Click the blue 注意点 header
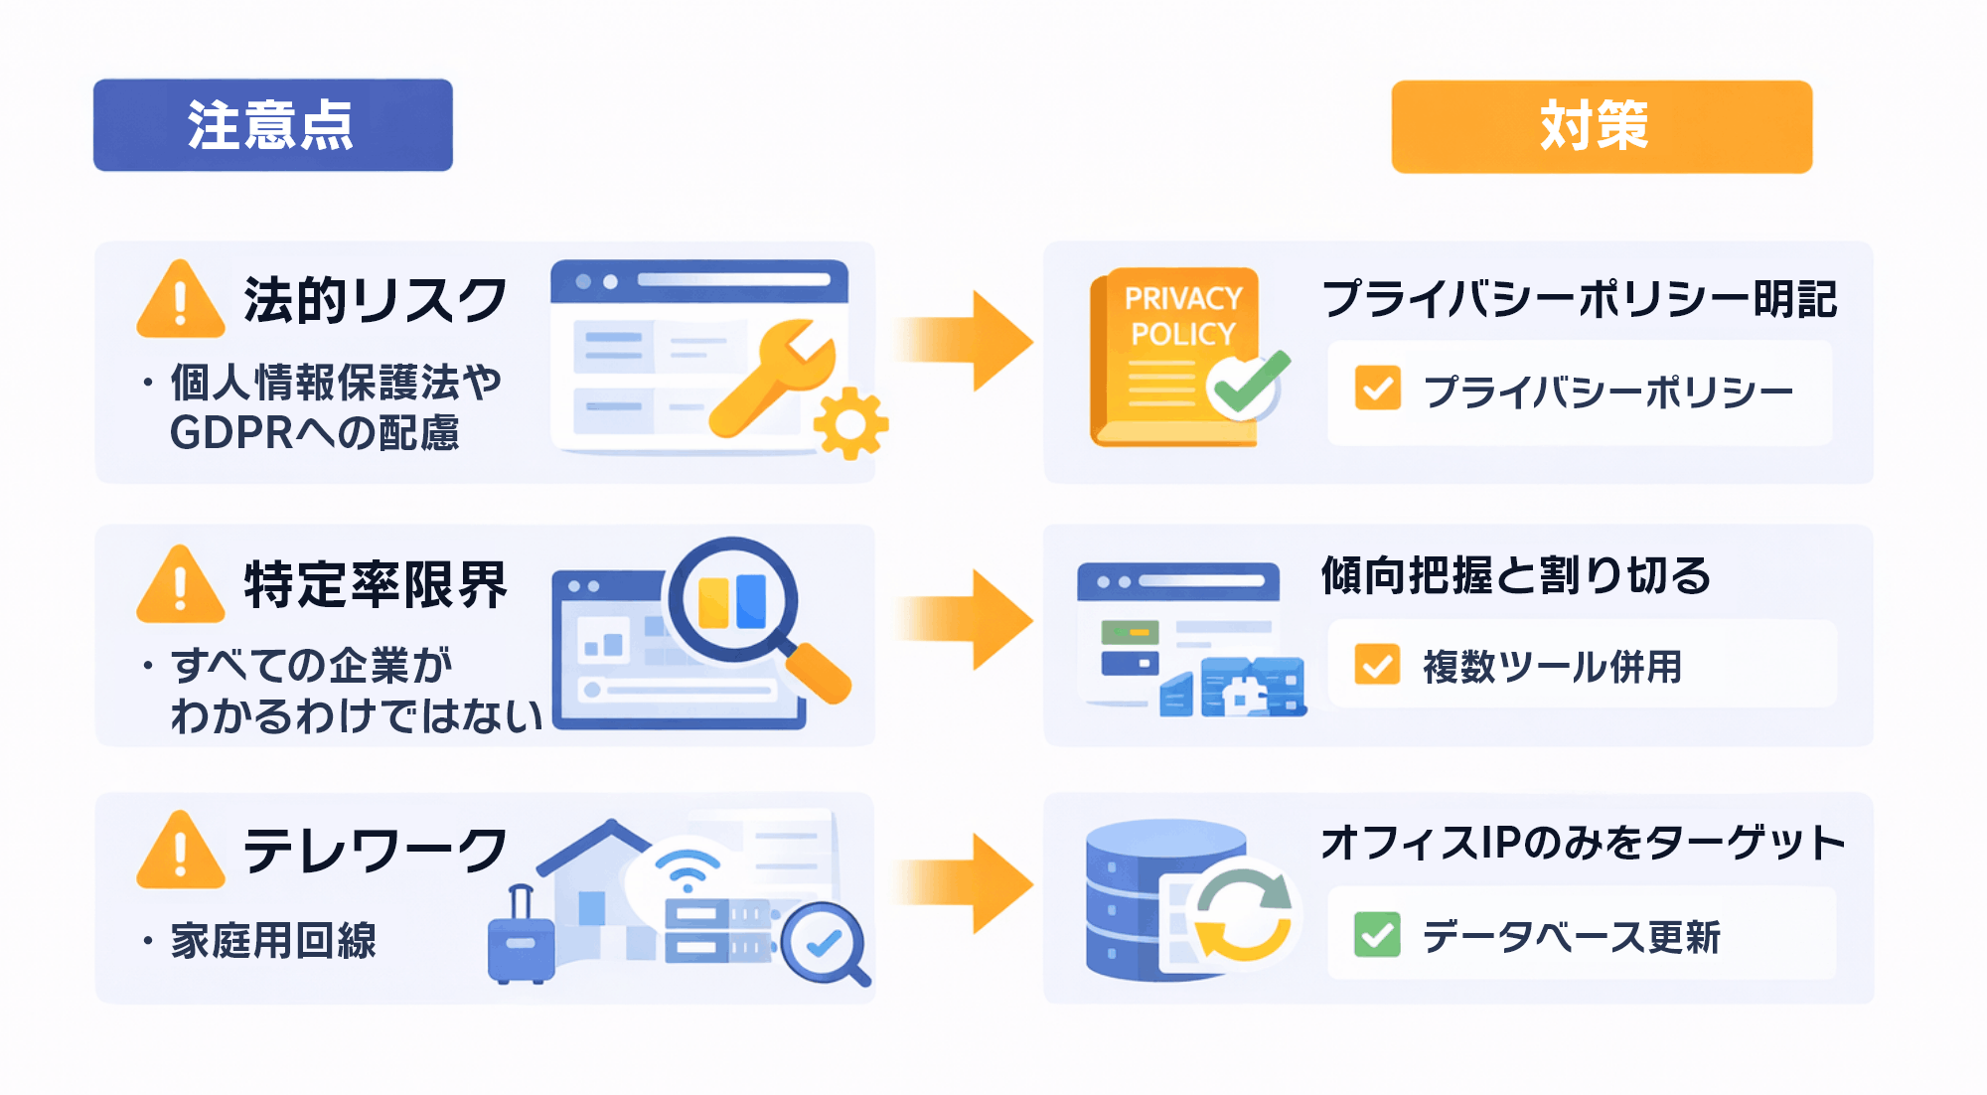[x=272, y=125]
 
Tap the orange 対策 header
[x=1601, y=126]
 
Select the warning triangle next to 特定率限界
[x=180, y=586]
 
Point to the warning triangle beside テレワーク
[x=180, y=853]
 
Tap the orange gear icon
[x=850, y=423]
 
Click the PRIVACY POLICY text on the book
[x=1182, y=316]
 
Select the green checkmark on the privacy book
[x=1248, y=386]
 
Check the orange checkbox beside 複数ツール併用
[x=1377, y=665]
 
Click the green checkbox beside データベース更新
[x=1377, y=935]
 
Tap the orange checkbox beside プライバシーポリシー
[x=1377, y=389]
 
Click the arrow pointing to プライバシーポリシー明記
[x=969, y=341]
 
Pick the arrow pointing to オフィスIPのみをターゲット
[x=969, y=883]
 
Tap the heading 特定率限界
[x=376, y=584]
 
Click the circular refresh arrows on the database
[x=1243, y=912]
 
